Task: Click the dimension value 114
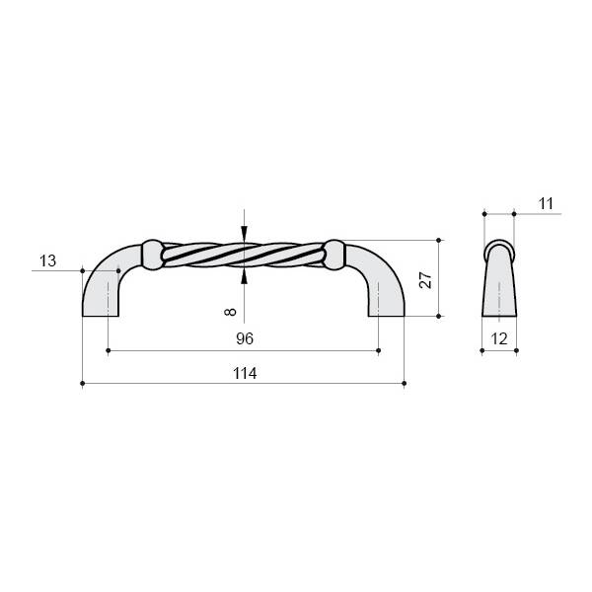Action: click(245, 373)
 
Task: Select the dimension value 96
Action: click(245, 338)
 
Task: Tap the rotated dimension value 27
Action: click(425, 280)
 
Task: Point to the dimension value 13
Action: click(48, 260)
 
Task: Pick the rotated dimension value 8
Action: click(230, 312)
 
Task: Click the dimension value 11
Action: click(546, 204)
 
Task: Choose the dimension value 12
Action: click(498, 339)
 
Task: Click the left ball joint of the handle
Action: click(152, 255)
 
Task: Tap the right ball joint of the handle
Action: click(334, 255)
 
